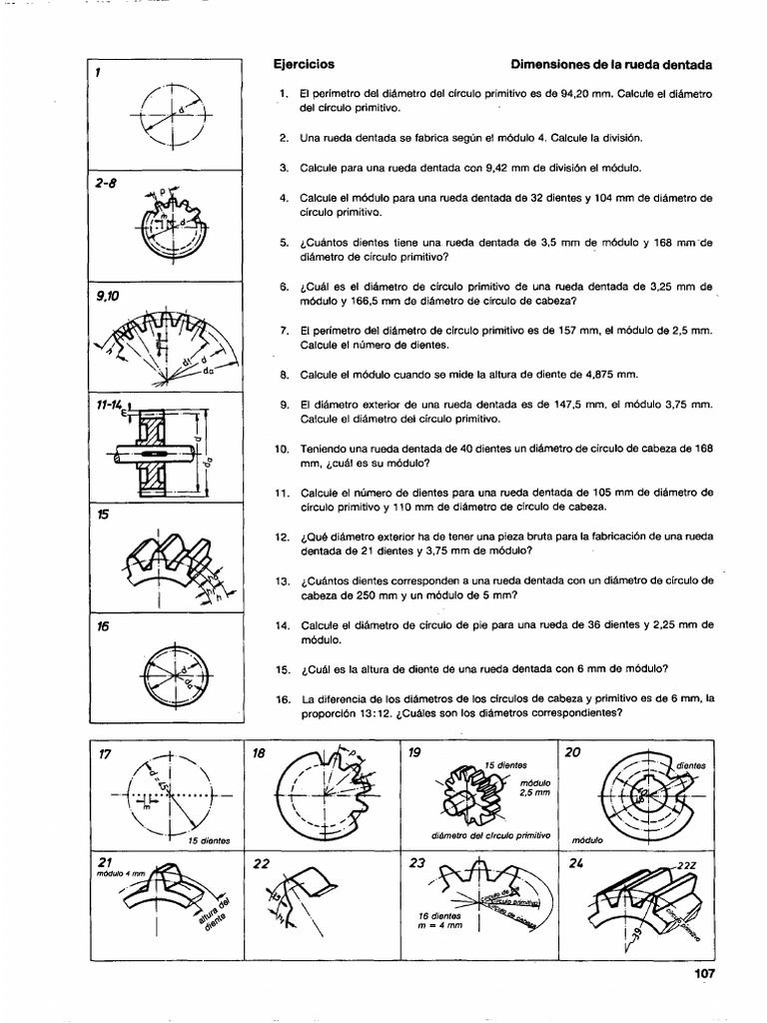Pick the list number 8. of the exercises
pos(284,375)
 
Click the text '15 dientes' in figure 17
pos(209,840)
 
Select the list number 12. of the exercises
pos(281,536)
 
